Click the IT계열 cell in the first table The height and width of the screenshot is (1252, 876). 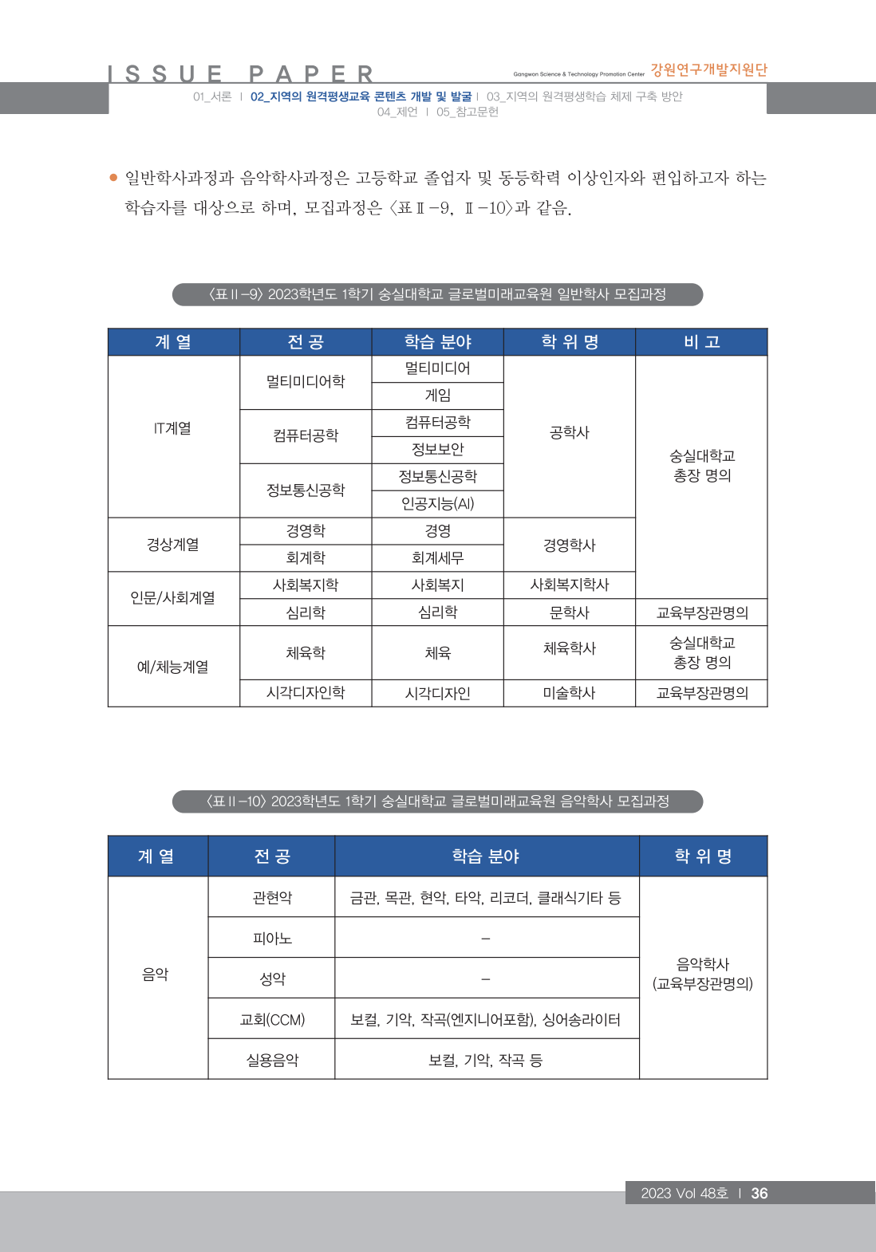click(x=173, y=428)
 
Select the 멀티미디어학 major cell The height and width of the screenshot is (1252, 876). click(x=306, y=382)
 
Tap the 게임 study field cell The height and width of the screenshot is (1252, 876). click(x=437, y=396)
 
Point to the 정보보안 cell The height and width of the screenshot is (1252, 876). click(x=437, y=449)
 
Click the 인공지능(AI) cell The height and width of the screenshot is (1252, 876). click(x=437, y=503)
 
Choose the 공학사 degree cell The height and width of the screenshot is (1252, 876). click(x=569, y=432)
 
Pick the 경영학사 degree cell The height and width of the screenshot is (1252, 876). click(x=569, y=545)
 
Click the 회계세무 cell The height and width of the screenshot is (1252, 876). click(x=437, y=558)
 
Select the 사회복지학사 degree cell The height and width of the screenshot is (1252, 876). click(x=569, y=585)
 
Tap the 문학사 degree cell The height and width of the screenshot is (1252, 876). click(x=569, y=612)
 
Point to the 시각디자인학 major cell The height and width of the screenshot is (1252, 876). click(x=306, y=693)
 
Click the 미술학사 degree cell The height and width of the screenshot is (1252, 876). click(x=569, y=693)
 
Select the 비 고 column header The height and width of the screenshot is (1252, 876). click(x=701, y=342)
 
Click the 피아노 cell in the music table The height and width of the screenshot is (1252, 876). click(x=272, y=939)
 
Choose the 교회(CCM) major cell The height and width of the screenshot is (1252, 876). click(x=272, y=1020)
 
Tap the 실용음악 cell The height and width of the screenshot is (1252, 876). click(x=272, y=1060)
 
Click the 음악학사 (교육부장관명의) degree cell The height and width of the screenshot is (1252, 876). click(x=702, y=974)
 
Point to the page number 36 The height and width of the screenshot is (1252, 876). click(x=760, y=1193)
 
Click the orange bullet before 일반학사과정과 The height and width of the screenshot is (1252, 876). click(x=113, y=177)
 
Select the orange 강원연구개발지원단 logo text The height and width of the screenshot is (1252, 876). click(x=708, y=70)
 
